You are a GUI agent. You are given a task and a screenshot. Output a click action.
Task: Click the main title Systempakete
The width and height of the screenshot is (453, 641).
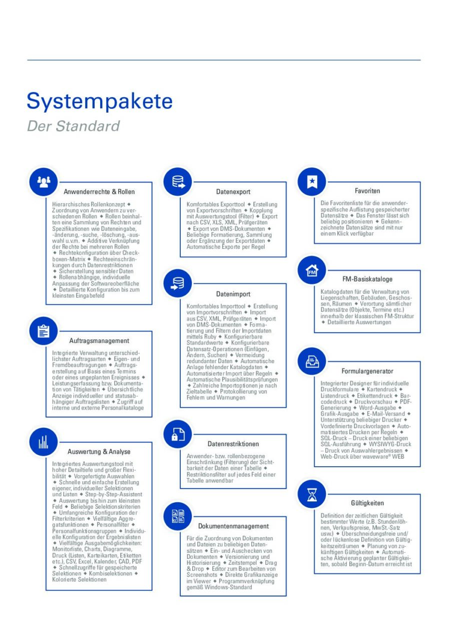(100, 102)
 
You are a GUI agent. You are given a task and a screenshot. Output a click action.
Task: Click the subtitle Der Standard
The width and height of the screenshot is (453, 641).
(73, 126)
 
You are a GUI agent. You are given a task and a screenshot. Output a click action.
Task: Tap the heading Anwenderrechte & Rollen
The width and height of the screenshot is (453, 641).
(99, 192)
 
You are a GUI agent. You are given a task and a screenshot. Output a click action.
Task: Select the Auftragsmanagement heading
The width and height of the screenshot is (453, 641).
(99, 341)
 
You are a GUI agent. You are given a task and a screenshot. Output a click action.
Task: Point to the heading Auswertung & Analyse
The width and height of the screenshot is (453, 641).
(99, 451)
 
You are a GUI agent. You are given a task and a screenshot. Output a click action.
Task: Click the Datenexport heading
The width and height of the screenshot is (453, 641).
(233, 192)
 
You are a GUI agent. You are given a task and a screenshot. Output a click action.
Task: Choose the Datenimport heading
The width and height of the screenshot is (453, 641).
(233, 294)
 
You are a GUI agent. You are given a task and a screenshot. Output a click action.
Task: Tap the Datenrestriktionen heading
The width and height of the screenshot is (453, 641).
(233, 444)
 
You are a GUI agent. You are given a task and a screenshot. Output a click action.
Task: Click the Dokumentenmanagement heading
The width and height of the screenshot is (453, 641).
(233, 526)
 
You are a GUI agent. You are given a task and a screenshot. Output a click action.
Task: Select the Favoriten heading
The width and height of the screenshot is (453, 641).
(367, 191)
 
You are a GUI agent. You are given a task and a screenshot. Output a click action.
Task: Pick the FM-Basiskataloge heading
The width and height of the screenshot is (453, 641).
(367, 279)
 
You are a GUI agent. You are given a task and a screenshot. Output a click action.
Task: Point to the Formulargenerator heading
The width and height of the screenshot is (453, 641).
(367, 371)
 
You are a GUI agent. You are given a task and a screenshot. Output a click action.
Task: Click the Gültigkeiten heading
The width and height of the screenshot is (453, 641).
(367, 503)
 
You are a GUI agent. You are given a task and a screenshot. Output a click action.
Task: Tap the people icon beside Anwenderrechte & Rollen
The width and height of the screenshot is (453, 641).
(44, 182)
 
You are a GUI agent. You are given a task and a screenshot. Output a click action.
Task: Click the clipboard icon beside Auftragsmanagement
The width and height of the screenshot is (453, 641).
(44, 331)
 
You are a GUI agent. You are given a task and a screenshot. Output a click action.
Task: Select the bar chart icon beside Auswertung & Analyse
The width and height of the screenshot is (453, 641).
(44, 442)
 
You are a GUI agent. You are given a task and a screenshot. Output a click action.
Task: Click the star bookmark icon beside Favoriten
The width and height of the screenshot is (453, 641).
(312, 182)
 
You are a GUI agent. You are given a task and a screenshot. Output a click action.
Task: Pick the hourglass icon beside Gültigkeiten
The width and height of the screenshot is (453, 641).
(312, 494)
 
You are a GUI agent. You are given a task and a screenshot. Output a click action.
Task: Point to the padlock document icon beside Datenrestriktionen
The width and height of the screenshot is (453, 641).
(178, 434)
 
